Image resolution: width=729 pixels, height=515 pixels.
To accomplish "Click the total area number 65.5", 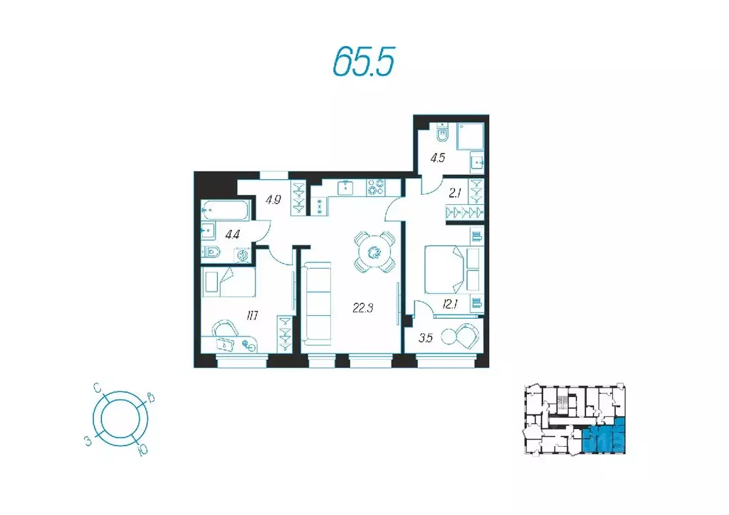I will (x=363, y=63).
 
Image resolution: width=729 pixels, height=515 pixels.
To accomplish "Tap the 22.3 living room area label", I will (x=363, y=307).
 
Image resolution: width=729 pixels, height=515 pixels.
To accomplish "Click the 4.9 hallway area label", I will (x=273, y=199).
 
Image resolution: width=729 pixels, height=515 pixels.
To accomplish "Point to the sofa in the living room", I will (x=318, y=304).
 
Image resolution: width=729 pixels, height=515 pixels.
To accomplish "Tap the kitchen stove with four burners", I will (x=376, y=188).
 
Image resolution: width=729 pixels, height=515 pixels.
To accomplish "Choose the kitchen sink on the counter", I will (x=345, y=187).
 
